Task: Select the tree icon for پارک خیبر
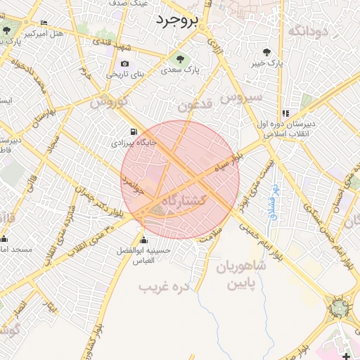266,51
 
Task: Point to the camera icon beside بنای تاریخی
125,64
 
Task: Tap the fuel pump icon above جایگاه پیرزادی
133,131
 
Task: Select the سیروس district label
243,96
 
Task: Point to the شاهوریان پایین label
241,276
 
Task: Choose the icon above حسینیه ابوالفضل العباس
143,237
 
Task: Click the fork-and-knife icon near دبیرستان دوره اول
285,113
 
